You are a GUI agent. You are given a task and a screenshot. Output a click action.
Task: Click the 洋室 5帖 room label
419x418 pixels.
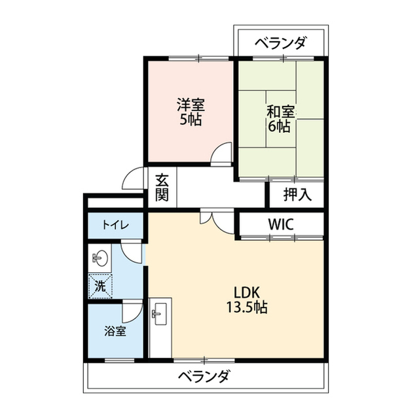(191, 112)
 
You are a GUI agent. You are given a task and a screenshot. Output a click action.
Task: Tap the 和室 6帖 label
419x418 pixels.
(280, 119)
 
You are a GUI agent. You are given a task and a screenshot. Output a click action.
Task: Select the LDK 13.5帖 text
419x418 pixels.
(247, 300)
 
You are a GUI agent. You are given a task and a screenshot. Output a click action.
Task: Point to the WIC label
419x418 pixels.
(281, 224)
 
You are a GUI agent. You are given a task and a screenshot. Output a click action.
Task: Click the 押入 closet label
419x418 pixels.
(297, 194)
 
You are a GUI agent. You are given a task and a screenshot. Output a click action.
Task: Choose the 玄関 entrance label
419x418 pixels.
(162, 187)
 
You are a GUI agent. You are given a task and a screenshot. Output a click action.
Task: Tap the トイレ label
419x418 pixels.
(116, 226)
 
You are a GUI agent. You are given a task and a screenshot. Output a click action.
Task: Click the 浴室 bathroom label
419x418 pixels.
(115, 331)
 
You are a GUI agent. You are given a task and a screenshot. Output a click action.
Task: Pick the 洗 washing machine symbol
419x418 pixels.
(100, 286)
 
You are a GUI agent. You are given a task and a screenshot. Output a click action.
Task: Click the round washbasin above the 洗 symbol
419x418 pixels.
(100, 258)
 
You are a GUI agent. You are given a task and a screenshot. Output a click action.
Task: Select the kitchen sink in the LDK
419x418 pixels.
(159, 314)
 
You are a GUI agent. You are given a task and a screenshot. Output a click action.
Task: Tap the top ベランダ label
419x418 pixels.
(280, 43)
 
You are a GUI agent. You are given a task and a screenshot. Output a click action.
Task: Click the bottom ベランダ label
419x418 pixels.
(204, 376)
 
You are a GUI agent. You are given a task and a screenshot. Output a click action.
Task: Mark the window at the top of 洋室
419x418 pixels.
(199, 58)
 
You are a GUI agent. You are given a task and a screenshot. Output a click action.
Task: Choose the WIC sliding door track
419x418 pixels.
(282, 237)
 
